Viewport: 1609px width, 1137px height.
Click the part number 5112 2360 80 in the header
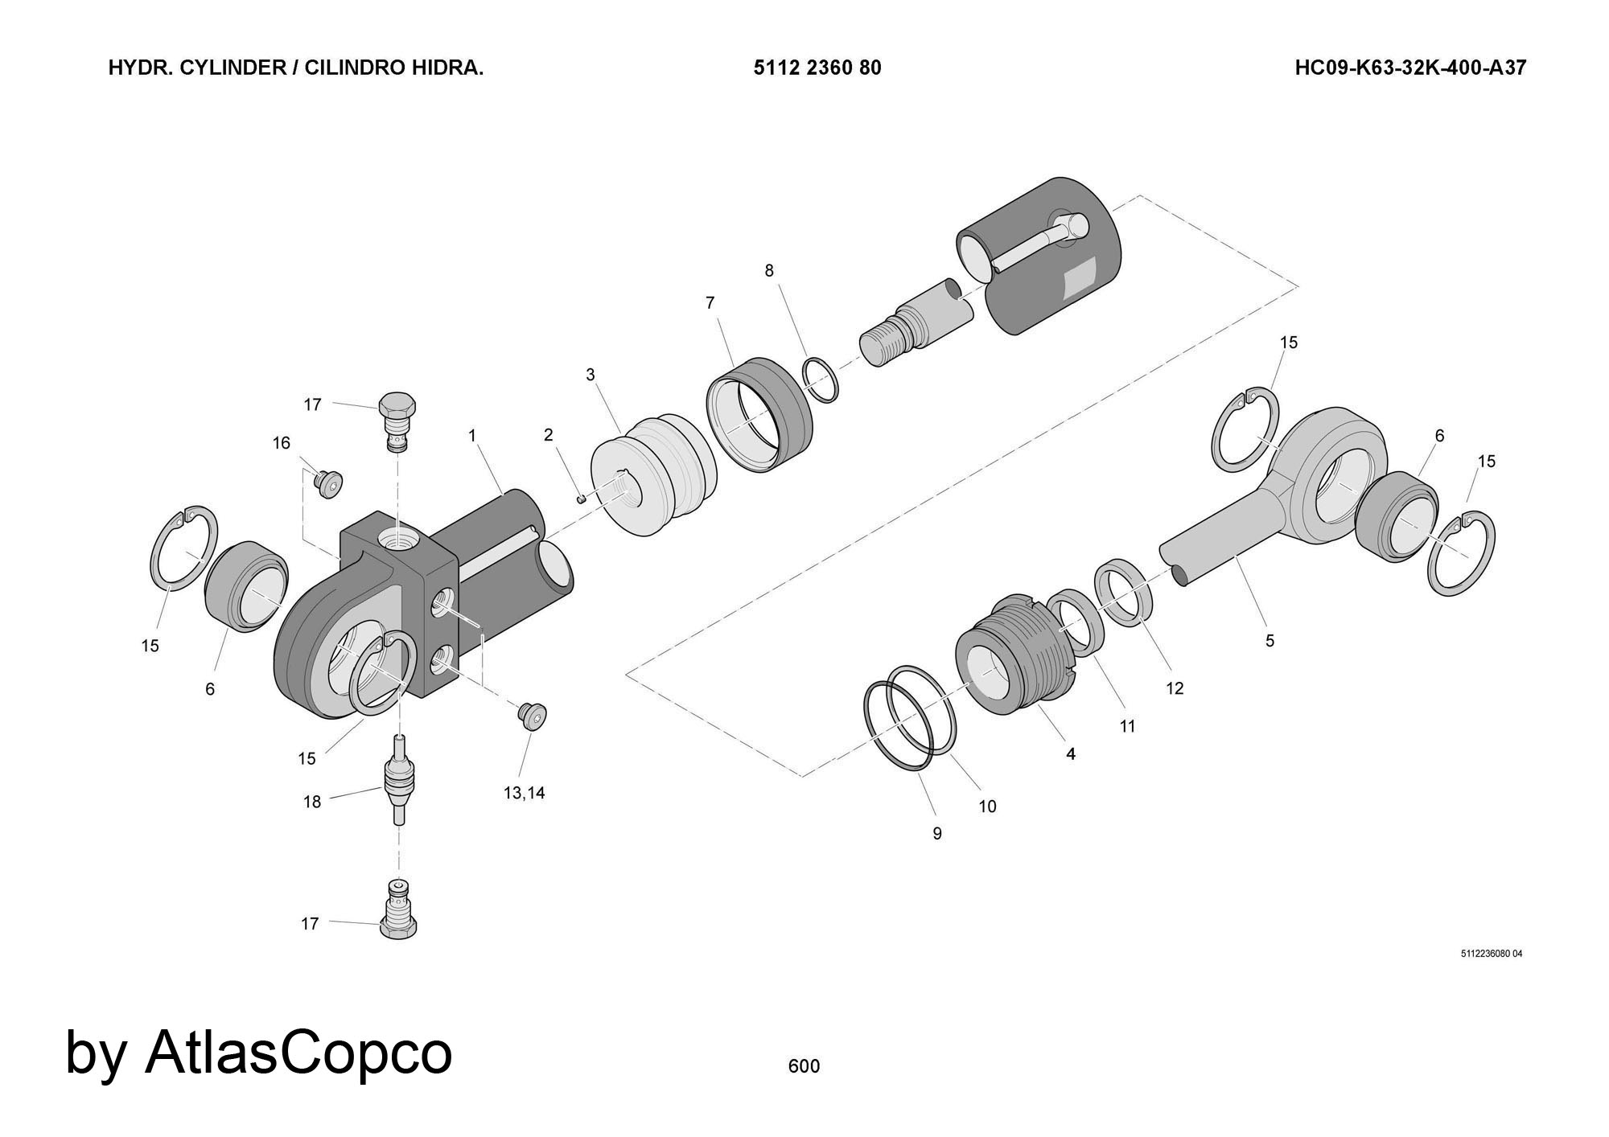pos(817,68)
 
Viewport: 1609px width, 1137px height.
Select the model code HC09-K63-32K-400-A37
pos(1409,68)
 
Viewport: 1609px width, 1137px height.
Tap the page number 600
pos(804,1066)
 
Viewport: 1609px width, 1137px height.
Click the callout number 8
pos(769,271)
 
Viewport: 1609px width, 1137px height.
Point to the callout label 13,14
pos(524,793)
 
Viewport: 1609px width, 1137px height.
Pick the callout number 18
pos(312,802)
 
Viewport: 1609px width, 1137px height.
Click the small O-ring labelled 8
pos(821,380)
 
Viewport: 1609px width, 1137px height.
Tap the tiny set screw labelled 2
pos(582,499)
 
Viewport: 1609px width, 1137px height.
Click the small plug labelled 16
pos(329,483)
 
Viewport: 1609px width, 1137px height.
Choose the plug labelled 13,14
pos(533,715)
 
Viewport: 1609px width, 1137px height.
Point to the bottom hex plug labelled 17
pos(398,909)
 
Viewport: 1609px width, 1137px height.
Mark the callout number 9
pos(937,834)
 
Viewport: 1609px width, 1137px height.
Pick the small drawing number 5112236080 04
pos(1492,954)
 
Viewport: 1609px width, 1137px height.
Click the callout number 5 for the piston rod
pos(1270,641)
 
